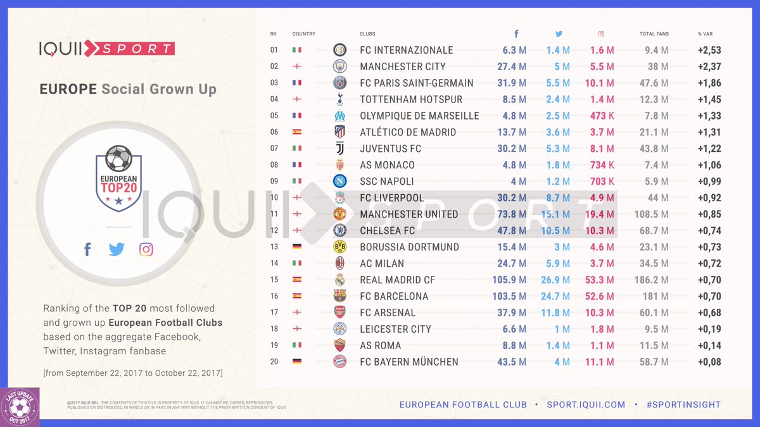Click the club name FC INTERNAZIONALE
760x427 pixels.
pyautogui.click(x=406, y=50)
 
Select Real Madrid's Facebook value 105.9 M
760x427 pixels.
pyautogui.click(x=509, y=280)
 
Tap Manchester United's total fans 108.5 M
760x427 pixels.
pyautogui.click(x=651, y=214)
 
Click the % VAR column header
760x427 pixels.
pyautogui.click(x=705, y=34)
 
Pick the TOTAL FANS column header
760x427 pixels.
pyautogui.click(x=654, y=34)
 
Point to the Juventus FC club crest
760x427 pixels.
pyautogui.click(x=340, y=149)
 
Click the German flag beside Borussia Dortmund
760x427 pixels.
pyautogui.click(x=297, y=247)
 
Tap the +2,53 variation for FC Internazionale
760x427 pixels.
pyautogui.click(x=709, y=50)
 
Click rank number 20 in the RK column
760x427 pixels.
pyautogui.click(x=274, y=362)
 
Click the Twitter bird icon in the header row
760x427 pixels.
pyautogui.click(x=559, y=34)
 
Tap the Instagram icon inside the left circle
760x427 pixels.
pyautogui.click(x=146, y=249)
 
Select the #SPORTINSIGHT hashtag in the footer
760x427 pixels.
pyautogui.click(x=683, y=404)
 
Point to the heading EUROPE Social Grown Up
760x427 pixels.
pyautogui.click(x=128, y=89)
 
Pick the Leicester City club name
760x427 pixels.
pyautogui.click(x=395, y=329)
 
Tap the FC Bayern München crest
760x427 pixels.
pyautogui.click(x=340, y=362)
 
